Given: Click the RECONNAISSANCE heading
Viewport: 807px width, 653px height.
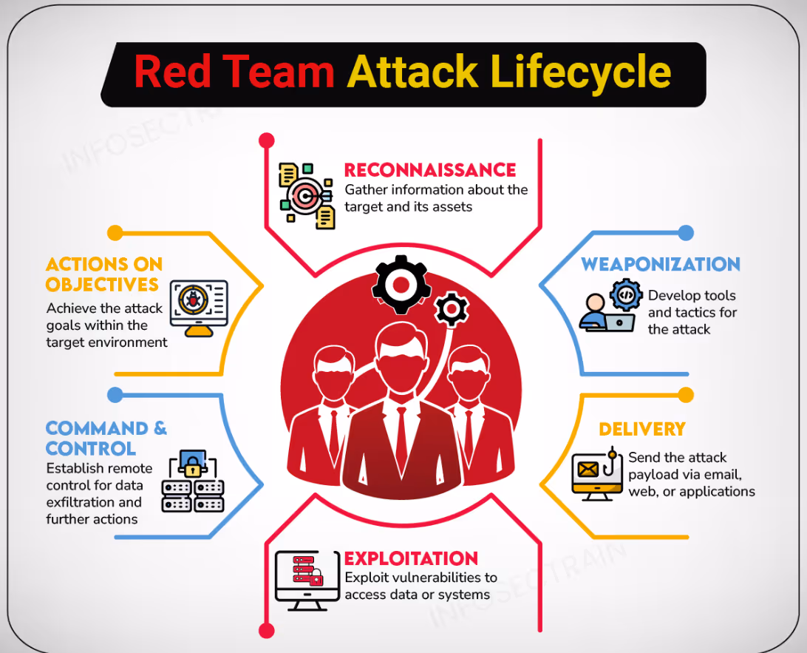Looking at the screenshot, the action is click(430, 170).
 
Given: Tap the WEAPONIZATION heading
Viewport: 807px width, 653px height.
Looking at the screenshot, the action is click(660, 265).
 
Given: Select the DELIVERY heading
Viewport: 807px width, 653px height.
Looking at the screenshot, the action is click(641, 429).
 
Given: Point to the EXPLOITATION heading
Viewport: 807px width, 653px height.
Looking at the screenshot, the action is click(411, 558).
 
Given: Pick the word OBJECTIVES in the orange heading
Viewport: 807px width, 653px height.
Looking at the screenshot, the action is click(102, 285).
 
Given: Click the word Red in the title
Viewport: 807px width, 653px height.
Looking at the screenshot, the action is click(175, 72).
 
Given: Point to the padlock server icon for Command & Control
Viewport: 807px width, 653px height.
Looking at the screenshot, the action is click(193, 482).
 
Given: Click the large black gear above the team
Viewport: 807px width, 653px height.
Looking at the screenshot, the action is click(400, 283).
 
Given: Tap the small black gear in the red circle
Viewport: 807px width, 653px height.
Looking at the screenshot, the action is click(450, 309).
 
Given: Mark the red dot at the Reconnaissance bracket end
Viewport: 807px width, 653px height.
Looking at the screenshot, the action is click(267, 140).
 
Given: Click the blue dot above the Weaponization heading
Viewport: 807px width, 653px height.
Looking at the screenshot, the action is click(686, 233).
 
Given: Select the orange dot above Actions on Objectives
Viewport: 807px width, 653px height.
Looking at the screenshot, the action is click(115, 233).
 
